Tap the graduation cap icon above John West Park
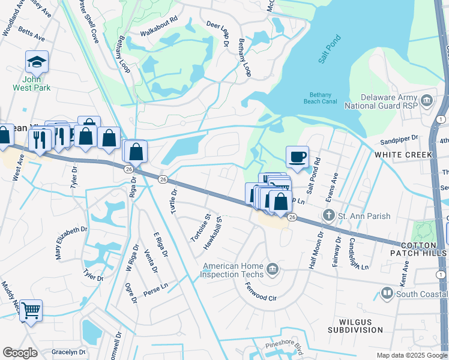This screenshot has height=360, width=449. (x=37, y=62)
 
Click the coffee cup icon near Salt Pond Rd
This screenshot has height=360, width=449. (x=297, y=157)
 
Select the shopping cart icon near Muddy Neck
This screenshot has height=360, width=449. (x=31, y=310)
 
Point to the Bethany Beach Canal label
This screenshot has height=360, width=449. (x=325, y=98)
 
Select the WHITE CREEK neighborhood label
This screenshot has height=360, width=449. (x=403, y=155)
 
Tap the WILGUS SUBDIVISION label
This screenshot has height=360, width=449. (x=355, y=326)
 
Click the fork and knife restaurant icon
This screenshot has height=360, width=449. (x=40, y=140)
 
